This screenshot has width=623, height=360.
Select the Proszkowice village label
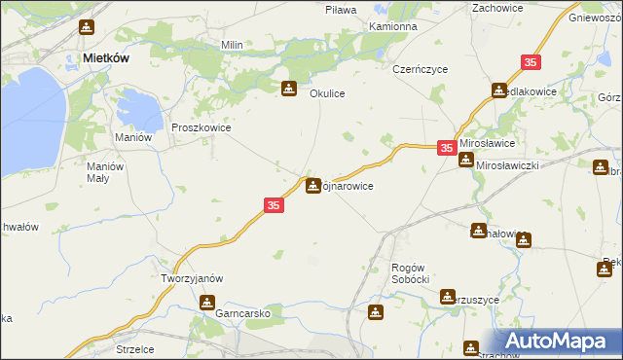[201, 127]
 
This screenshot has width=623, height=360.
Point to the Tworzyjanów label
[192, 278]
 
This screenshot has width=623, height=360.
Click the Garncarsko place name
[243, 315]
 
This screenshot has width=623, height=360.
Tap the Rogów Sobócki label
[410, 273]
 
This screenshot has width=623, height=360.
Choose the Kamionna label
[393, 26]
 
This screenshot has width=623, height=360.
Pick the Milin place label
[232, 45]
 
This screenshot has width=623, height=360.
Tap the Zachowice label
[497, 8]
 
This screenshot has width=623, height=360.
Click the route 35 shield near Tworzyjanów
[275, 205]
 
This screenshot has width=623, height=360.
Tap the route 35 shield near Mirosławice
[446, 148]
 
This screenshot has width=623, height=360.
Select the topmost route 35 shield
[531, 62]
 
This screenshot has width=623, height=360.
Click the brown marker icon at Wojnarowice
[313, 184]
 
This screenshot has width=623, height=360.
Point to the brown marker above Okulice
[289, 90]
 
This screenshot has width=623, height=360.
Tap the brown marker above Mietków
[88, 27]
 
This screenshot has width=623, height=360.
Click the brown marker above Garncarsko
[206, 303]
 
